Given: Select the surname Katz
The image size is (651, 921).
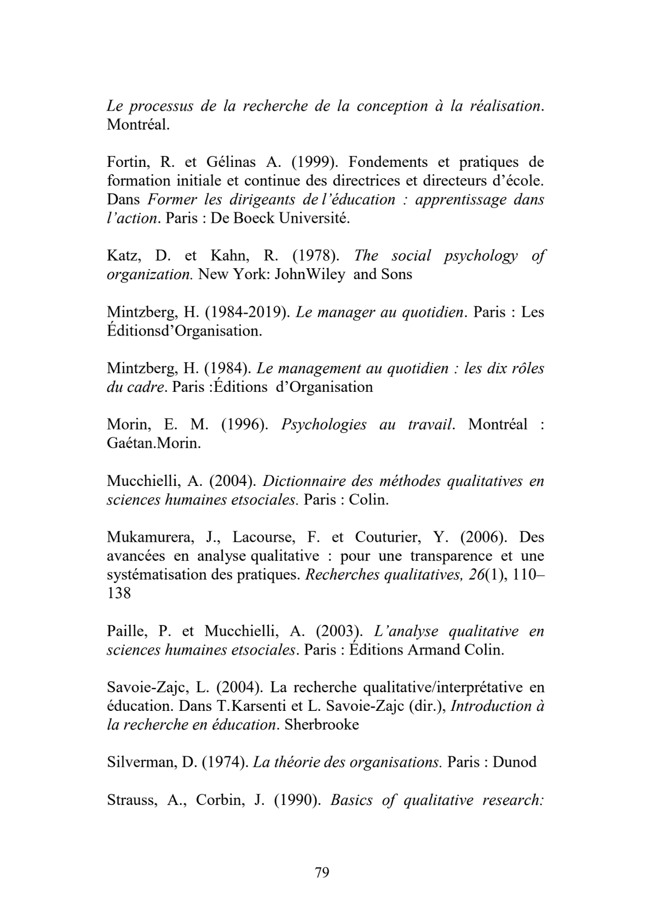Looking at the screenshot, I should pos(123,256).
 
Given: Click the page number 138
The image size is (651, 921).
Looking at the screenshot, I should pos(119,593).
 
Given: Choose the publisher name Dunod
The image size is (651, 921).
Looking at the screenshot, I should pos(514,762).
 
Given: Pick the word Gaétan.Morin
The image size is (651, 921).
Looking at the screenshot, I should pos(154,443).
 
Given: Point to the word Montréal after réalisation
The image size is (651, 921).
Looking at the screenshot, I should pos(138,125).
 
